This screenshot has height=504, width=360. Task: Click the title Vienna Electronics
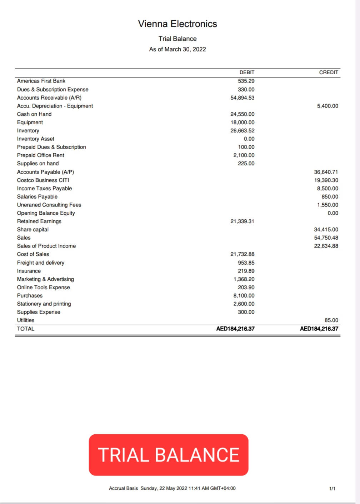(177, 24)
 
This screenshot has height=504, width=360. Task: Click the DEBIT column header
(247, 72)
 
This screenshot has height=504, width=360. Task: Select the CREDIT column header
(329, 72)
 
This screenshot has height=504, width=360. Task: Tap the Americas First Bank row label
(41, 81)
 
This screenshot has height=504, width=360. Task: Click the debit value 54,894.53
(242, 98)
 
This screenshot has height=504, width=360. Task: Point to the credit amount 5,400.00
(327, 106)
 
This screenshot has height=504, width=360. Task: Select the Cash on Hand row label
(34, 114)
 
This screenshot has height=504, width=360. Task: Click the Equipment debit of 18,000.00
(242, 122)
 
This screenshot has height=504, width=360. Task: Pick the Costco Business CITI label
(43, 180)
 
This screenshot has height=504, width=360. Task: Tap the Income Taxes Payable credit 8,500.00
(327, 188)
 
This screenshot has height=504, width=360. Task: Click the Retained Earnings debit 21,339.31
(242, 221)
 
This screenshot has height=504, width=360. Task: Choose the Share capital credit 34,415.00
(326, 229)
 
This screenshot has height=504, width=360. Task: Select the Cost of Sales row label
(33, 254)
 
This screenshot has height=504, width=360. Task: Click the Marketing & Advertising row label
(45, 279)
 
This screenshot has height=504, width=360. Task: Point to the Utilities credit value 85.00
(331, 320)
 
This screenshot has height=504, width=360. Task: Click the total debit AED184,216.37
(235, 329)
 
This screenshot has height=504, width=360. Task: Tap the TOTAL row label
(26, 329)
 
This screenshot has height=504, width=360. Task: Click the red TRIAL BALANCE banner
(169, 455)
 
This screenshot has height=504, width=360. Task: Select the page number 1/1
(332, 488)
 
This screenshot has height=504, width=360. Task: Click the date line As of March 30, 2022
(177, 49)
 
